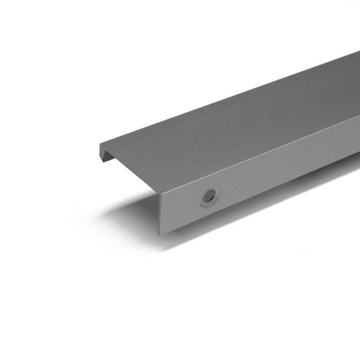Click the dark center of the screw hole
tap(209, 196)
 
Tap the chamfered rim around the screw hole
tap(215, 190)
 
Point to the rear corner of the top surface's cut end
tap(100, 144)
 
